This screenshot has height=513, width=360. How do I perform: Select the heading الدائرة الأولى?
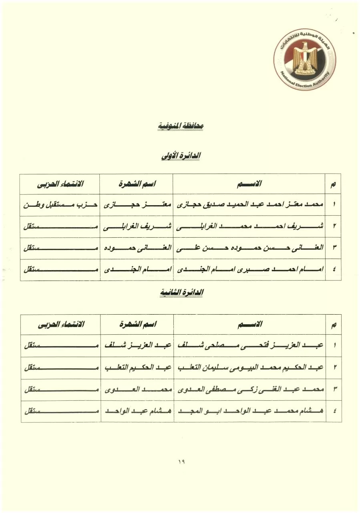tap(180, 156)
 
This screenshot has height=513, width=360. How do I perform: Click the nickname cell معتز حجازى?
tap(137, 205)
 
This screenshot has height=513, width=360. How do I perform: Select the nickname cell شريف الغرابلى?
tap(137, 226)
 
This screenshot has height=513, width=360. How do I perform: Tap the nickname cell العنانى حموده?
tap(137, 248)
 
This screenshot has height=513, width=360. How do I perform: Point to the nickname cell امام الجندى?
tap(137, 270)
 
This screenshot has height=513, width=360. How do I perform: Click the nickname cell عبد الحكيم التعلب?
tap(137, 367)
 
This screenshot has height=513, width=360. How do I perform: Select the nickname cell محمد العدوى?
tap(137, 389)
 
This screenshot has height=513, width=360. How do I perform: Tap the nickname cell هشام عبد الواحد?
tap(137, 411)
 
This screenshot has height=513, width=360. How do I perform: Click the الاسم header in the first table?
tap(249, 184)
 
